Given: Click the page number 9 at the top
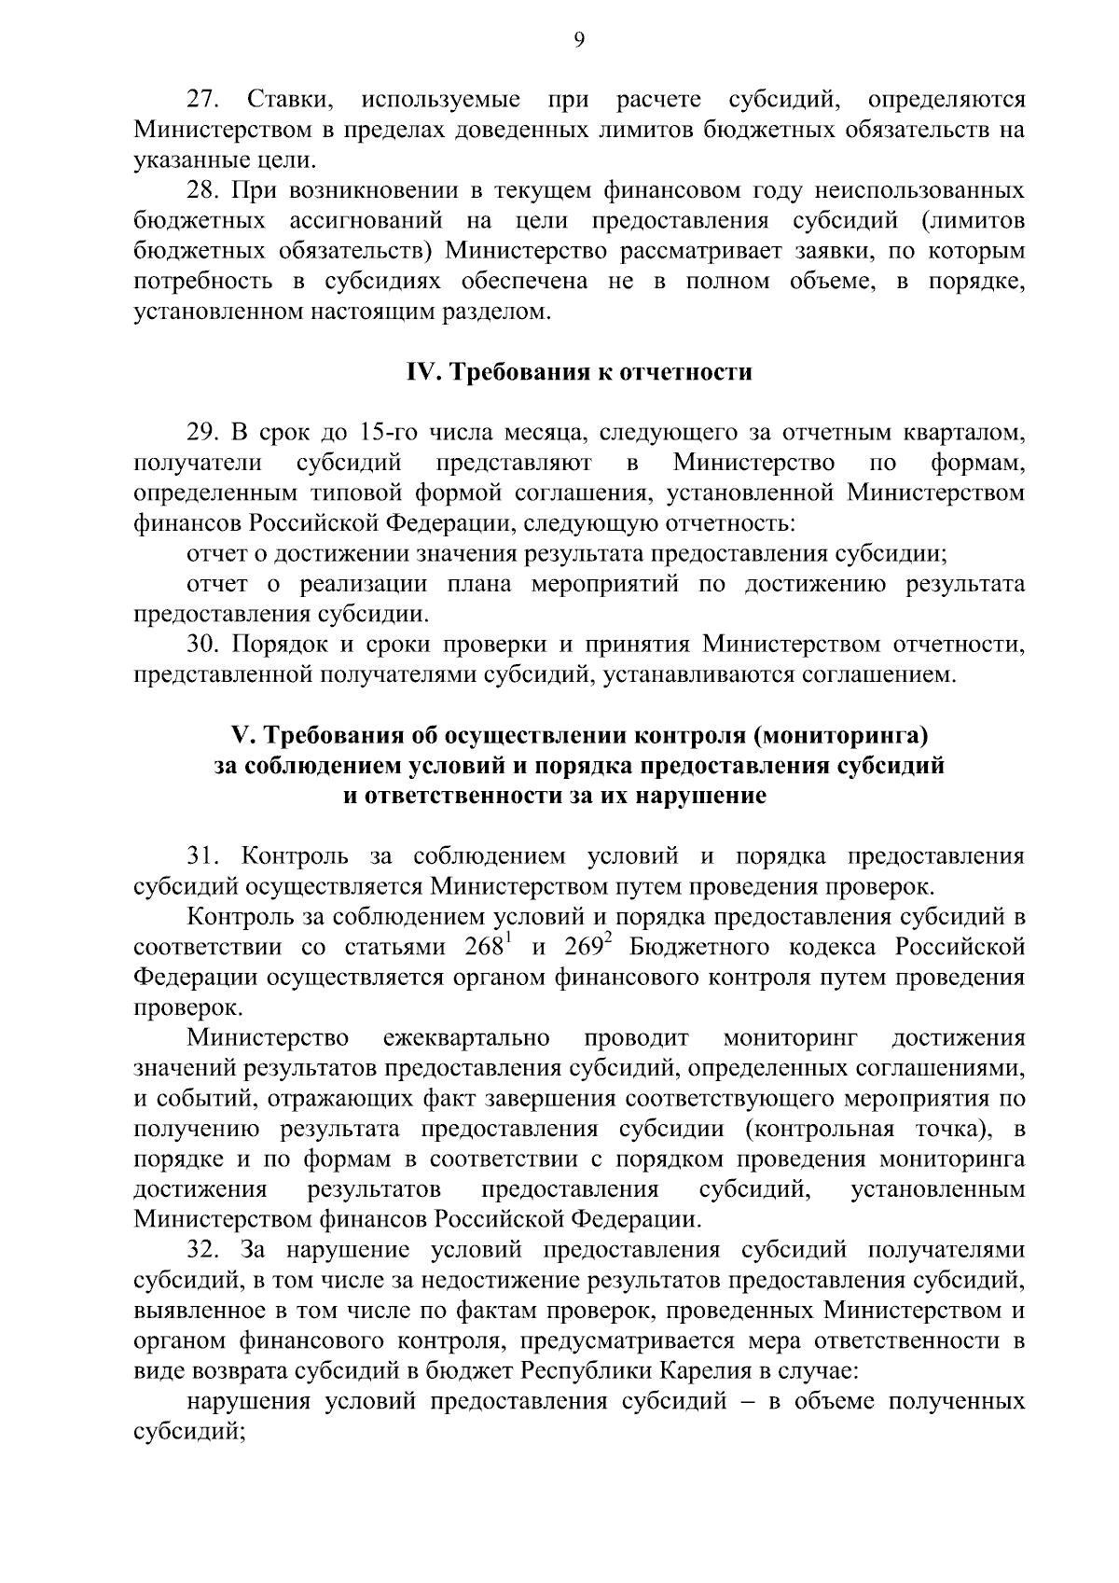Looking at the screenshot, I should point(579,39).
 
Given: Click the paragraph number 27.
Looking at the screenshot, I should point(203,100).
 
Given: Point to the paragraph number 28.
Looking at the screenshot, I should point(203,191).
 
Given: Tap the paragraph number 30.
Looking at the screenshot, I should point(203,644).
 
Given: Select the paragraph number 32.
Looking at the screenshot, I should point(203,1249).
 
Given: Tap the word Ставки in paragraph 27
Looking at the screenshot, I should point(284,100).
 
